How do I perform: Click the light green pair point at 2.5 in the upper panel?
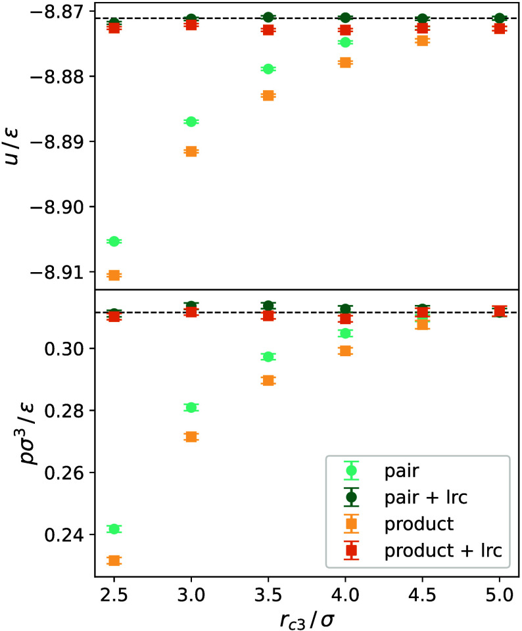pyautogui.click(x=114, y=241)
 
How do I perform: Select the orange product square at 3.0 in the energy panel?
pyautogui.click(x=191, y=152)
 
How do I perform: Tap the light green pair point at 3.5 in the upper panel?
pyautogui.click(x=268, y=69)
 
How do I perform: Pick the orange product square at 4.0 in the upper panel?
pyautogui.click(x=345, y=62)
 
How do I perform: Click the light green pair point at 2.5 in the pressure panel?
pyautogui.click(x=114, y=528)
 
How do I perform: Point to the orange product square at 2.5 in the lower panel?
pyautogui.click(x=114, y=561)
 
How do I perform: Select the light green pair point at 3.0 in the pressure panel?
pyautogui.click(x=191, y=408)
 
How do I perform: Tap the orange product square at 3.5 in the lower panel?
pyautogui.click(x=268, y=381)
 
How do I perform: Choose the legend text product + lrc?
pyautogui.click(x=443, y=550)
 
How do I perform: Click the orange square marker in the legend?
pyautogui.click(x=351, y=524)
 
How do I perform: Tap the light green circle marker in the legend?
pyautogui.click(x=351, y=471)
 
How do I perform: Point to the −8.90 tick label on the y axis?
pyautogui.click(x=59, y=207)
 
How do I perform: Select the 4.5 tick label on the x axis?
pyautogui.click(x=422, y=595)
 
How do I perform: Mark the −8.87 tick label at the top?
pyautogui.click(x=59, y=12)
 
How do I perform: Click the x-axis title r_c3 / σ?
pyautogui.click(x=306, y=620)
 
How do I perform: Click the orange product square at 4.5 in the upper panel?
pyautogui.click(x=422, y=41)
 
